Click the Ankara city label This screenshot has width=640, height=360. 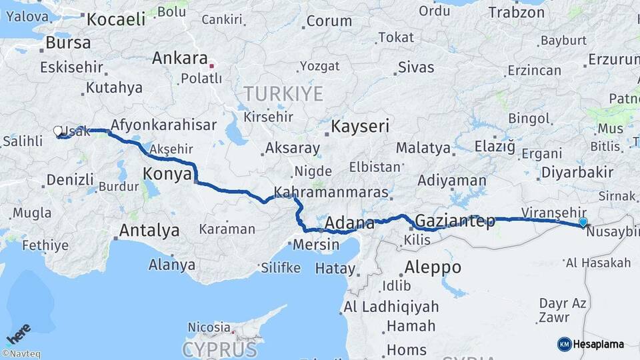coord(180,58)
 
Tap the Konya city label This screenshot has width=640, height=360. coord(167,175)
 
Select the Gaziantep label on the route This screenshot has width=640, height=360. coord(455,221)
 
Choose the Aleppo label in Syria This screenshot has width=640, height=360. coord(433,267)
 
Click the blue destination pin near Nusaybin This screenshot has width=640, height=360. coord(583,223)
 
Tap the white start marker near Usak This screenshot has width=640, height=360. coord(58,131)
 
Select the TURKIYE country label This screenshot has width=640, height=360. coord(283,93)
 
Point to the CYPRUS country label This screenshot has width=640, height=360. coord(219,349)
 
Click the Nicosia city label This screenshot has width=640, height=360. coord(209,327)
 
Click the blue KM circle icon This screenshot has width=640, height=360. coord(565,344)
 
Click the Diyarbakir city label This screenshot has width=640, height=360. coord(577,172)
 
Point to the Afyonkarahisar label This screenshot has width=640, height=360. coord(163,125)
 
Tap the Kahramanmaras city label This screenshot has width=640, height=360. coord(341,192)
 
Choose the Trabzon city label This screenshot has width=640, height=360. coord(516,12)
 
